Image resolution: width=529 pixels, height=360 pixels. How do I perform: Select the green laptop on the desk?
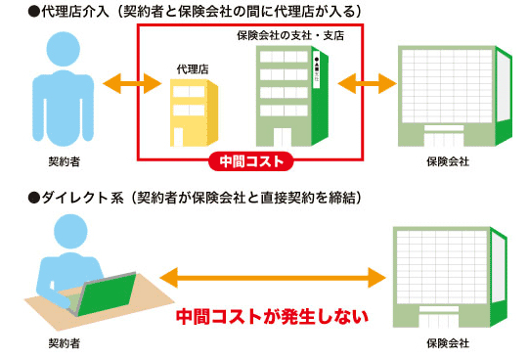pos(105,297)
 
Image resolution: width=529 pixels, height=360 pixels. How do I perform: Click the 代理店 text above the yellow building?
pos(193,68)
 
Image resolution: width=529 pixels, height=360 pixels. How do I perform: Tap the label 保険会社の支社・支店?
pos(290,35)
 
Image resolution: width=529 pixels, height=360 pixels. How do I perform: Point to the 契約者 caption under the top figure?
pos(64,160)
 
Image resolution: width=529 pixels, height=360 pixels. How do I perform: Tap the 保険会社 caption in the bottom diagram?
pos(448,343)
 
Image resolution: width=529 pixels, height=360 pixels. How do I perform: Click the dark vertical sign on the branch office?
pos(317,71)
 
